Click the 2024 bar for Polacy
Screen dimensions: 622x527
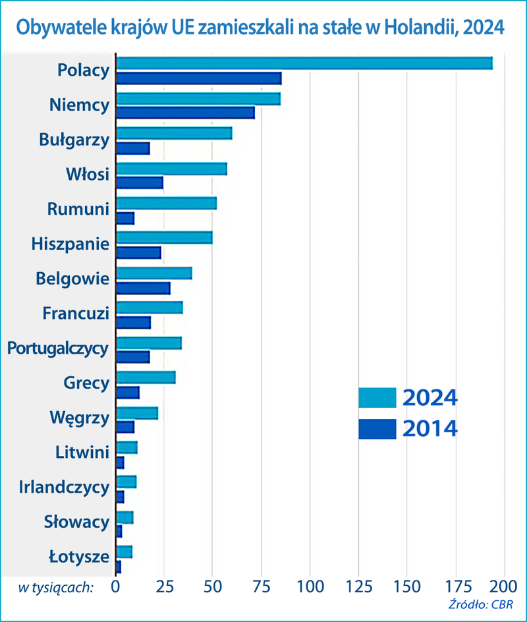304,63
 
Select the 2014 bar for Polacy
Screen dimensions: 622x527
198,78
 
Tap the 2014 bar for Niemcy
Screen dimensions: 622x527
185,113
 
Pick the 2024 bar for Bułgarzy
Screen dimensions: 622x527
174,133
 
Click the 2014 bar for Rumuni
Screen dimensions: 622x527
125,218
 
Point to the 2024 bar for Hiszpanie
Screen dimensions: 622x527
164,237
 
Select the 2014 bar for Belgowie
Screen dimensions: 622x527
143,288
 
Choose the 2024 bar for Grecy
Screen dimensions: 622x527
146,377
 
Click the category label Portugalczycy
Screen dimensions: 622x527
57,348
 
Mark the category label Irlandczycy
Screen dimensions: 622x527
64,487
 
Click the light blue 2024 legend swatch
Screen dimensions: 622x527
377,398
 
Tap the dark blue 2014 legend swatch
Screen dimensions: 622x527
377,429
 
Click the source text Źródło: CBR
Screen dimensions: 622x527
480,604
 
